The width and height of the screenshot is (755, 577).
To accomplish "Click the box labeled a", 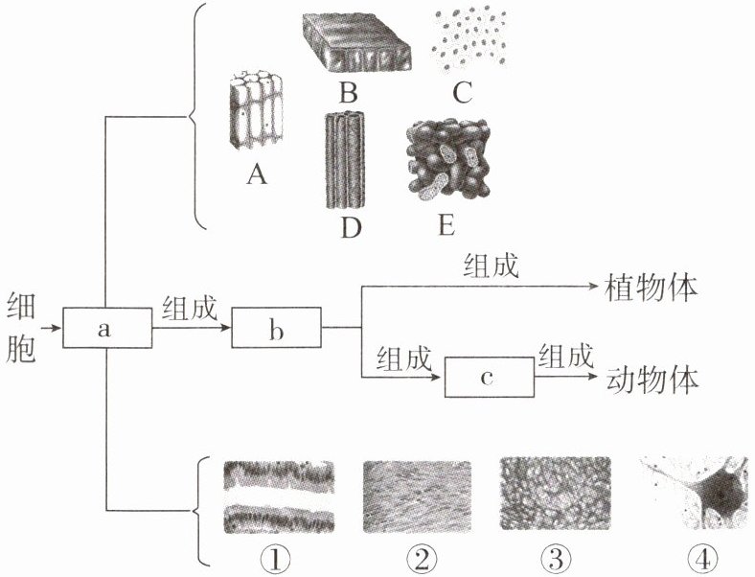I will click(x=106, y=328).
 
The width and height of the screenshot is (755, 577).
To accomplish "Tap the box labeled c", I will click(x=488, y=377).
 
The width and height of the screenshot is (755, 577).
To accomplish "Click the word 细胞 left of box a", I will click(x=20, y=328).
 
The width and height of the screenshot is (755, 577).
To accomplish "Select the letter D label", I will click(x=347, y=230).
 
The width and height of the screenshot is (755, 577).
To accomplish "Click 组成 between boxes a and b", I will click(x=190, y=309).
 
